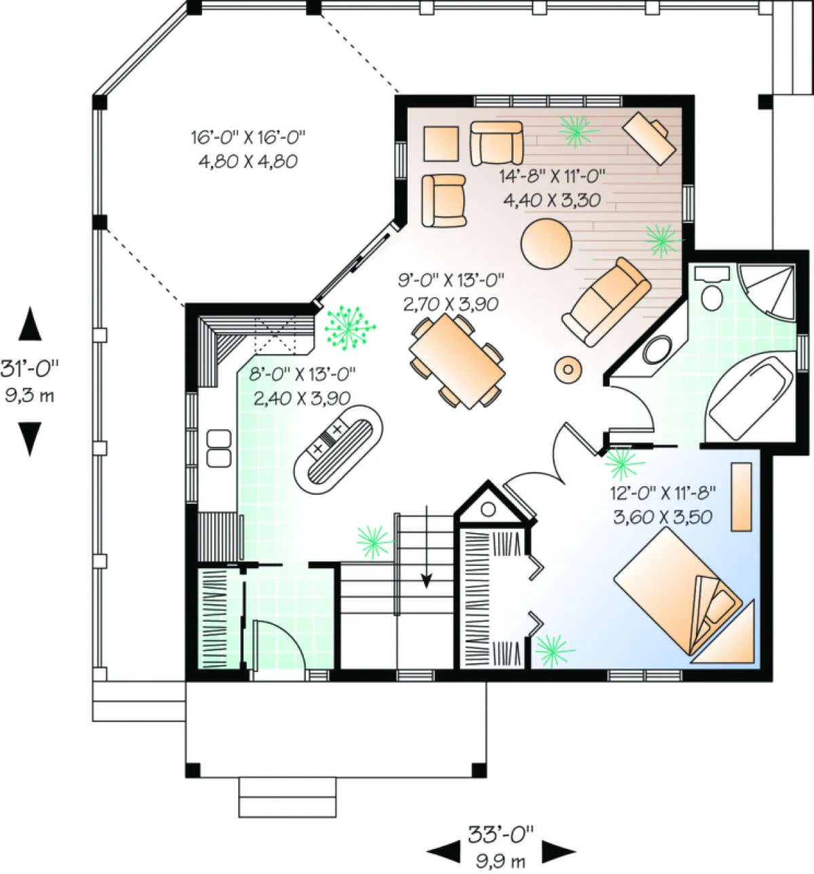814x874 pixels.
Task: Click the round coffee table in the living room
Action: (x=546, y=243)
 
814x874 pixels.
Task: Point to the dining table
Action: (x=457, y=361)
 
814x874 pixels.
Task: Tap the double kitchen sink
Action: (x=219, y=448)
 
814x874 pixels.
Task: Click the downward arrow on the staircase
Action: (x=426, y=546)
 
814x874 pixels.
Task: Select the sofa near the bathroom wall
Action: (x=606, y=302)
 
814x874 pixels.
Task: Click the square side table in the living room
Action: (x=441, y=144)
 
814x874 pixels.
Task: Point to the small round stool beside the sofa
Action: (x=568, y=370)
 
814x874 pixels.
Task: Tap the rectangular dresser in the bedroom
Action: (x=741, y=496)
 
